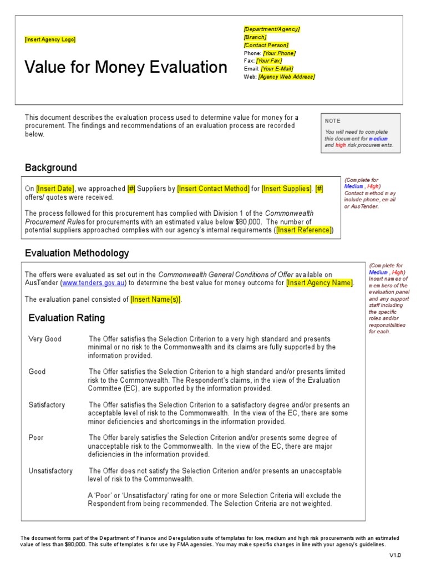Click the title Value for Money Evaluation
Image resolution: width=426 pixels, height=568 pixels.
pos(126,68)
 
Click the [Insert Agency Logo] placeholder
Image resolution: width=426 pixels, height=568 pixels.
pos(50,39)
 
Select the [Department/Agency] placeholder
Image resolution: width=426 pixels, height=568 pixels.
pos(271,29)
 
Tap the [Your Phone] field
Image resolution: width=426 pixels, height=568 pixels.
pos(279,53)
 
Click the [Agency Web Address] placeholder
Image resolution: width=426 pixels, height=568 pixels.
pos(286,77)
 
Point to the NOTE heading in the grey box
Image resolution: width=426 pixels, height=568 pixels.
pos(333,121)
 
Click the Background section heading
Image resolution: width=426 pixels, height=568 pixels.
pos(51,168)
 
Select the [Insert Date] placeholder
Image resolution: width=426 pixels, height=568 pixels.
pos(55,189)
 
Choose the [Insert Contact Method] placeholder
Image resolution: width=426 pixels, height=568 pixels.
pos(214,189)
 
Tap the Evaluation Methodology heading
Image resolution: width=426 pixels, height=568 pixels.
pos(77,253)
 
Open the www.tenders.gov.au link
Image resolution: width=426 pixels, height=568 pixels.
pos(94,283)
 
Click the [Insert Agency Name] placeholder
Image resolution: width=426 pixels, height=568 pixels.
pos(319,283)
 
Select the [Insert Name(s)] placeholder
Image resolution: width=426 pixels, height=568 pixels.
pos(156,300)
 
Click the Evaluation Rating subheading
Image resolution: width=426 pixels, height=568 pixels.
pos(67,318)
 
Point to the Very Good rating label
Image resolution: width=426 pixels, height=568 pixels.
pos(45,339)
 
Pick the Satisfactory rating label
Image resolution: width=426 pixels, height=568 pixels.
pos(47,405)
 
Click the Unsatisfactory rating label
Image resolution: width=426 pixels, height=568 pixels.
pos(50,471)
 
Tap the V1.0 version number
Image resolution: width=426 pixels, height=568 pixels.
pos(394,555)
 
